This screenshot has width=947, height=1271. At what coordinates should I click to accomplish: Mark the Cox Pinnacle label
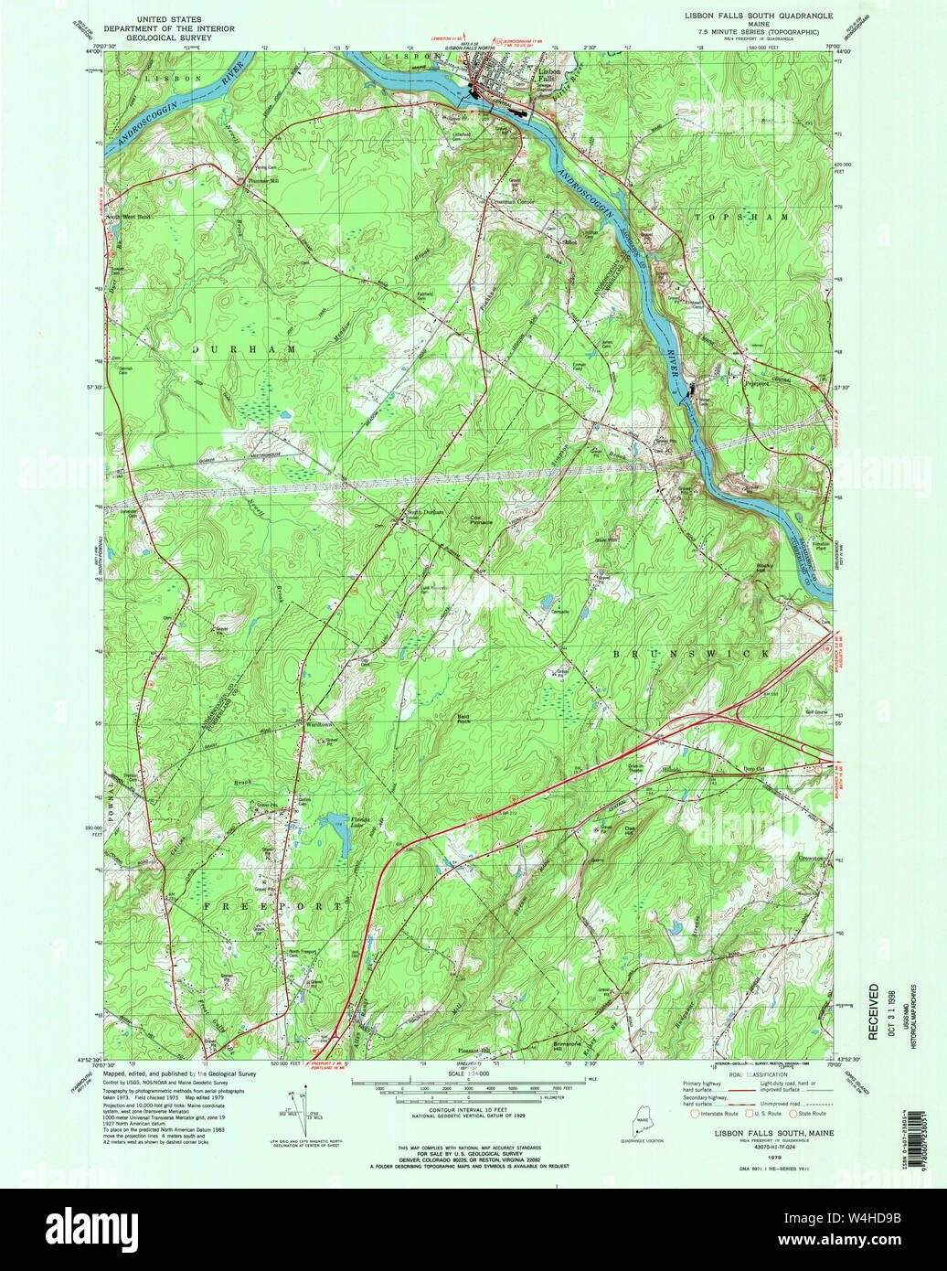pos(482,519)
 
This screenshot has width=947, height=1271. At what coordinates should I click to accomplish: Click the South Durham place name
pos(425,512)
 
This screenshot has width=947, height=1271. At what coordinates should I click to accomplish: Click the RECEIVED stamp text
pos(873,1011)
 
